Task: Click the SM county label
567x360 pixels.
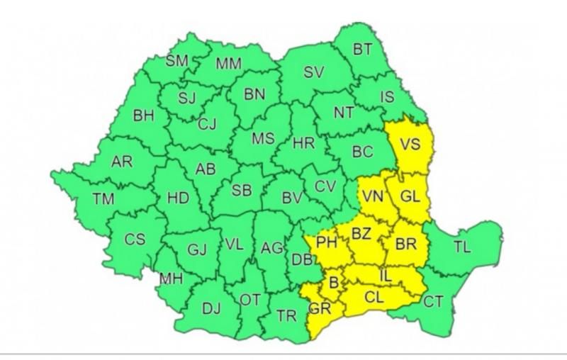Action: (177, 61)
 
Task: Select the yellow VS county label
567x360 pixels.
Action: (410, 145)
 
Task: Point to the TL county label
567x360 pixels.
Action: (462, 247)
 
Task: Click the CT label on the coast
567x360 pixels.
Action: (433, 302)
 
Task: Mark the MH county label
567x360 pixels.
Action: (171, 279)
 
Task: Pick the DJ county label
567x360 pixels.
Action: (211, 308)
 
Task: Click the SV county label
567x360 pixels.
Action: (313, 72)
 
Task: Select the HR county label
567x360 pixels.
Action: (304, 143)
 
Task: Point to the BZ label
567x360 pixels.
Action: (361, 232)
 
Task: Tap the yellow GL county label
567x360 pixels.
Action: (411, 197)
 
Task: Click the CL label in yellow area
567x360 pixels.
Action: (374, 297)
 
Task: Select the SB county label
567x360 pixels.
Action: (242, 190)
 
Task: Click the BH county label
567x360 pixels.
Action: (144, 115)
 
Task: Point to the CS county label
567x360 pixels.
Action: (135, 239)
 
